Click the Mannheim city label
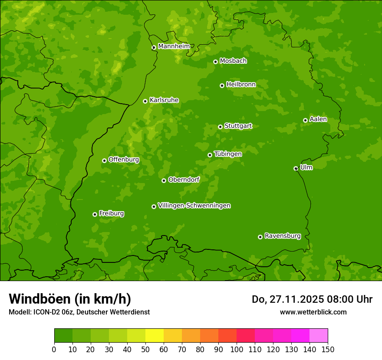[174, 46]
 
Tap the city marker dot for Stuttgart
[220, 127]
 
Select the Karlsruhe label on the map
[164, 100]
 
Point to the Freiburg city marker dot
[95, 214]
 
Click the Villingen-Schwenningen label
[194, 206]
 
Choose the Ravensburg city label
[283, 236]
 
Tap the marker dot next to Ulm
[296, 168]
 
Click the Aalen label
[318, 119]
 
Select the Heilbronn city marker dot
[222, 85]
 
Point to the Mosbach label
[233, 61]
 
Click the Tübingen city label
[228, 154]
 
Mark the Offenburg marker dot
[104, 160]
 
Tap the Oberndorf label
[184, 180]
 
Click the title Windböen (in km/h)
[70, 299]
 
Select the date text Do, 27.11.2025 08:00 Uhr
[312, 299]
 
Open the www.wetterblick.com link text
[313, 312]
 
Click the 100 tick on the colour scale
[237, 349]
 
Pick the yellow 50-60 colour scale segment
[155, 336]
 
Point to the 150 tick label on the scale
[328, 349]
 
